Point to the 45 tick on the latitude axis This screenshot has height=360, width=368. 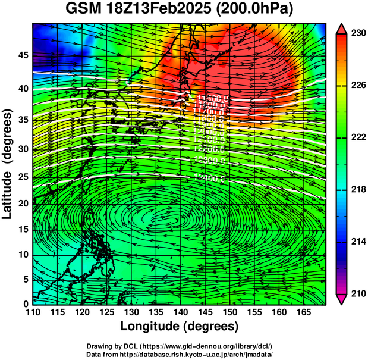pos(22,55)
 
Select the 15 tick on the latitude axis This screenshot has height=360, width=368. pos(22,229)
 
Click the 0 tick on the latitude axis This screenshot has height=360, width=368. pos(25,304)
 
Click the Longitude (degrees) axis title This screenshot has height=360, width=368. pos(180,327)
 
